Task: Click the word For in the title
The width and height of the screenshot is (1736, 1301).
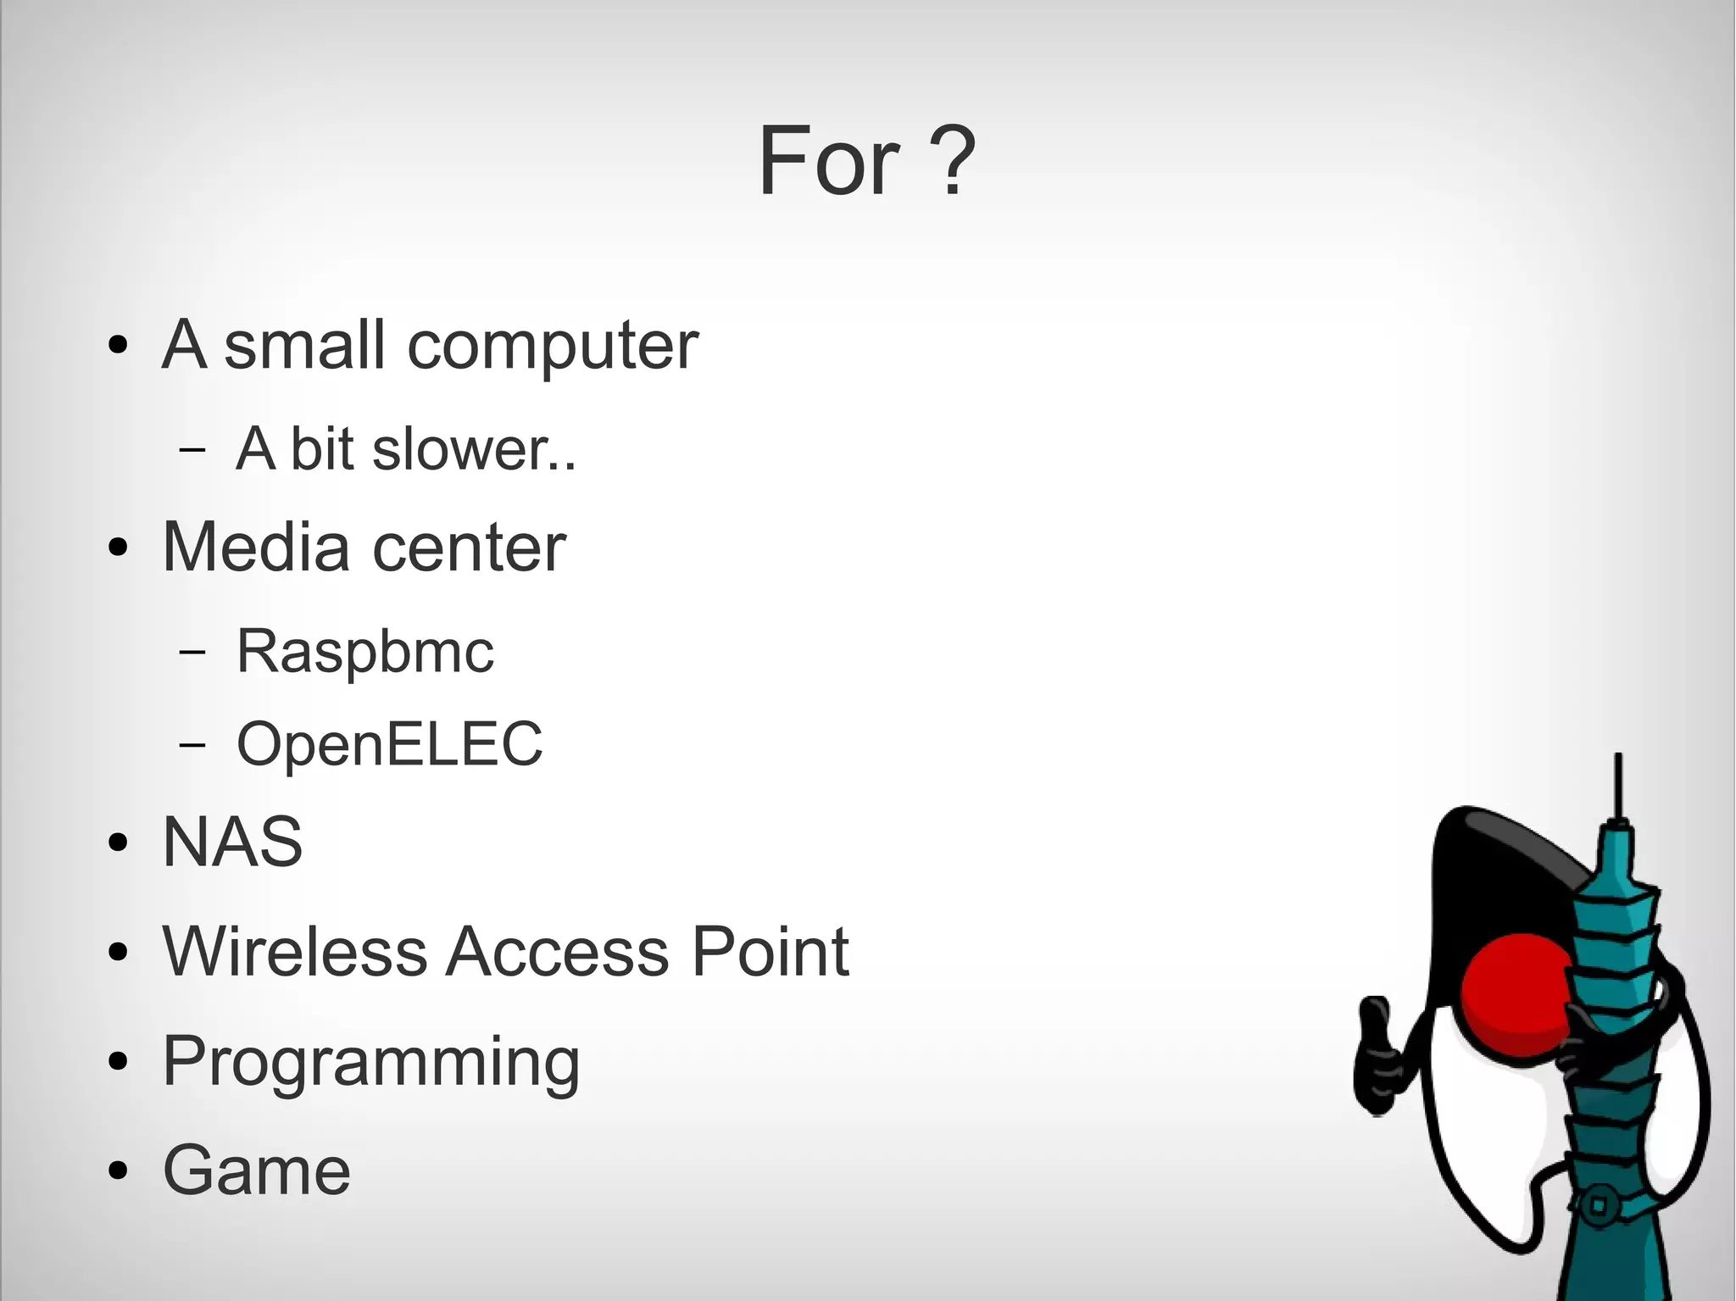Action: point(828,161)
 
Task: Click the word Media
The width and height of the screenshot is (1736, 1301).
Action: point(255,547)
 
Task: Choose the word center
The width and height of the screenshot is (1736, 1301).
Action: point(469,548)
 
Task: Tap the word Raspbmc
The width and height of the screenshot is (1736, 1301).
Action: point(364,652)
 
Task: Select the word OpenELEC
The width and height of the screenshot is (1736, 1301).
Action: point(389,744)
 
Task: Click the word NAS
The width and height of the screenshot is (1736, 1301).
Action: point(232,842)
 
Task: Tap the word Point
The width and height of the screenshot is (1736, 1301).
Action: point(770,951)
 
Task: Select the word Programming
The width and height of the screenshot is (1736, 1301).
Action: point(370,1063)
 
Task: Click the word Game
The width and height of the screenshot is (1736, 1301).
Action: point(256,1170)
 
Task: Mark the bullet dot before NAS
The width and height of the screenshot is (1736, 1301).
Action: point(119,842)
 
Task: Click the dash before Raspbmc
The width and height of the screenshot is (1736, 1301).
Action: point(193,652)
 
